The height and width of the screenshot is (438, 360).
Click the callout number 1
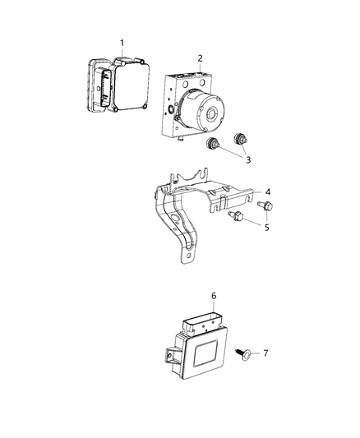tap(122, 42)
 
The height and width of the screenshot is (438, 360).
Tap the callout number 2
tap(200, 58)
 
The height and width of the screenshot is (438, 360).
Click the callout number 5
tap(265, 228)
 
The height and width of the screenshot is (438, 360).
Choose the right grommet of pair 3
tap(242, 139)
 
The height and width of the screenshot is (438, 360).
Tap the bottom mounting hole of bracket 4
tap(191, 257)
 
